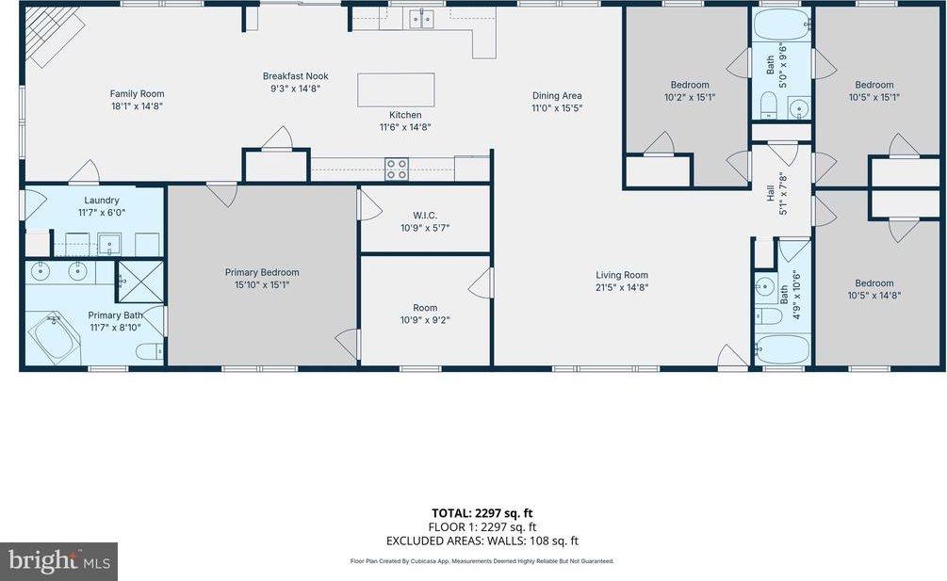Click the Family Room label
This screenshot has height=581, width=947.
coord(138,93)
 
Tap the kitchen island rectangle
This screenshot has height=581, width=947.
coord(396,89)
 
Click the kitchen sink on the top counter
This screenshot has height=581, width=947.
coord(421,18)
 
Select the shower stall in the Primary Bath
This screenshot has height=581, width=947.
coord(139,281)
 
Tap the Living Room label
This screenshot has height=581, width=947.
coord(622,275)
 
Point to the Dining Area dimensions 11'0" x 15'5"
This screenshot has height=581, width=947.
coord(557,108)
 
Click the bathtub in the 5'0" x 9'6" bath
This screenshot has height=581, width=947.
coord(781,24)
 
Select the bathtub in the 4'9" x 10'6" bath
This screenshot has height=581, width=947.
coord(782,350)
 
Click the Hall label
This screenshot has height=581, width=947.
coord(771,199)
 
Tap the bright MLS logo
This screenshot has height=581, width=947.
coord(58,561)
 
